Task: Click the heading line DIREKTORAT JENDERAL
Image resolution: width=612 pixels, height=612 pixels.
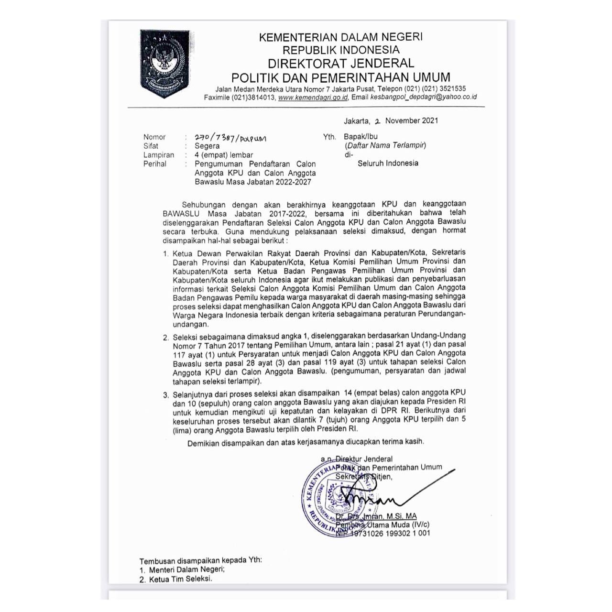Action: coord(340,63)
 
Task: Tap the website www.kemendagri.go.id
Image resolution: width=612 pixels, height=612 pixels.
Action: coord(313,97)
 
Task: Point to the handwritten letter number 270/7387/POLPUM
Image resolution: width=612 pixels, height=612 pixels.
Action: coord(230,138)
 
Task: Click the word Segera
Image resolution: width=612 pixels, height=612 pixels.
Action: coord(207,146)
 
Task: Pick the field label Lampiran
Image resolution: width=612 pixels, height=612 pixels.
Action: coord(158,155)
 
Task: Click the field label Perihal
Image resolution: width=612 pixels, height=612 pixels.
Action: coord(154,164)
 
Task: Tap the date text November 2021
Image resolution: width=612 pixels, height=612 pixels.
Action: coord(411,120)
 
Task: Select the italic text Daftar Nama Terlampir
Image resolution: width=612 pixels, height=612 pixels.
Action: coord(385,145)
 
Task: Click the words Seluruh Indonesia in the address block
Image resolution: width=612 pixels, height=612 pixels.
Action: coord(388,163)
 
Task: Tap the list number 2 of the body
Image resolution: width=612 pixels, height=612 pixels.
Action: coord(165,337)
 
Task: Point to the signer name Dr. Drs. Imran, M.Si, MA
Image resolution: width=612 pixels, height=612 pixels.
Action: coord(376,516)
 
